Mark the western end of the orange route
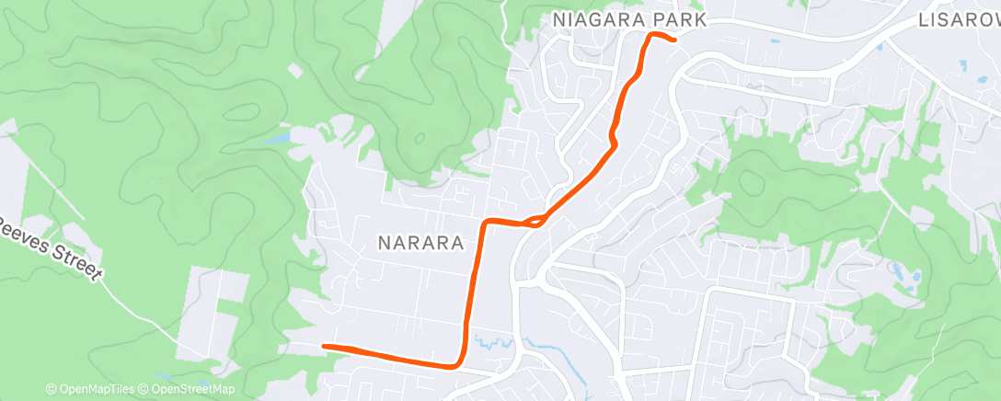pyautogui.click(x=325, y=346)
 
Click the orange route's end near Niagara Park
pyautogui.click(x=675, y=40)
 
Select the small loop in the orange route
pyautogui.click(x=533, y=221)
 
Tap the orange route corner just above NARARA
pyautogui.click(x=486, y=222)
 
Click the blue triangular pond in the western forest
pyautogui.click(x=277, y=138)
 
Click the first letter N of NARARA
pyautogui.click(x=384, y=242)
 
